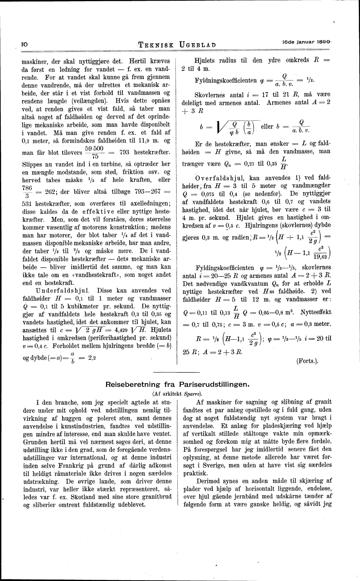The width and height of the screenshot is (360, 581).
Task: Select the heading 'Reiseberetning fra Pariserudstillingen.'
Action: point(177,384)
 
